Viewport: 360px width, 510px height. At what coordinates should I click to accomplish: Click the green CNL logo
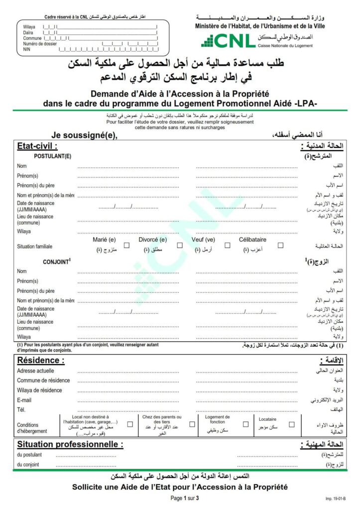[x=228, y=41]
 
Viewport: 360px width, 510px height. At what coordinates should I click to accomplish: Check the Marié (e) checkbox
[x=126, y=245]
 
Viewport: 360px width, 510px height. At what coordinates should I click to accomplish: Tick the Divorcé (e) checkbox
[x=180, y=245]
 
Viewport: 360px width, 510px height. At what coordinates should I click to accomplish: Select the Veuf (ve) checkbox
[x=228, y=245]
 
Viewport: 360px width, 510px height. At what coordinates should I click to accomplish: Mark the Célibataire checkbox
[x=281, y=245]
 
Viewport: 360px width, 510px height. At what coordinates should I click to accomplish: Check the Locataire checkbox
[x=292, y=424]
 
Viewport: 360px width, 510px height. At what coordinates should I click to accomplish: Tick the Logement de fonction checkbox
[x=245, y=424]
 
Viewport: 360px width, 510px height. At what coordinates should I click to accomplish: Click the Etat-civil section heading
[x=37, y=146]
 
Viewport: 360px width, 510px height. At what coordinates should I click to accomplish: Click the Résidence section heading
[x=41, y=360]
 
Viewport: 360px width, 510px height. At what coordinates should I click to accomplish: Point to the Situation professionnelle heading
[x=70, y=444]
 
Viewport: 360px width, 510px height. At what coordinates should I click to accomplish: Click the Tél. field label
[x=21, y=409]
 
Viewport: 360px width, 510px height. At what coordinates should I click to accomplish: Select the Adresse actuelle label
[x=35, y=371]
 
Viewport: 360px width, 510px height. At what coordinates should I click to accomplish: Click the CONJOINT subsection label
[x=56, y=261]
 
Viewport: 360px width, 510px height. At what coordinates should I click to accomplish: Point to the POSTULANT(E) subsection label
[x=52, y=156]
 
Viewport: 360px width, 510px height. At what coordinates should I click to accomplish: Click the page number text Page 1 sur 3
[x=184, y=498]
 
